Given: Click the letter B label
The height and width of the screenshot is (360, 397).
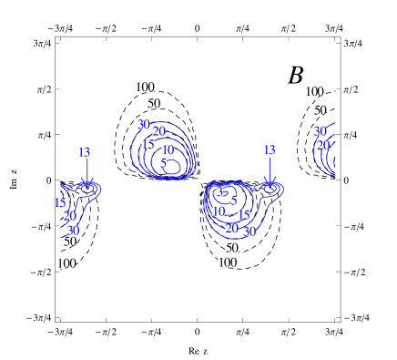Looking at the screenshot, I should tap(296, 75).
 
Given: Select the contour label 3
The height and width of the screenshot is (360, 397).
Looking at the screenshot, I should tap(219, 191).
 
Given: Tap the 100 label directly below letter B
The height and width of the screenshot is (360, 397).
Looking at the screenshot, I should tap(314, 91).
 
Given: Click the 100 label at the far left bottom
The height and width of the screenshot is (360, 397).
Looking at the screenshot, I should tap(66, 263).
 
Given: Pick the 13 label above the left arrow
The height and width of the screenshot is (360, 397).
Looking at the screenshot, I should tap(84, 152).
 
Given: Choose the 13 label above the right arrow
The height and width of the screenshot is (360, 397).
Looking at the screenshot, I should tap(269, 149).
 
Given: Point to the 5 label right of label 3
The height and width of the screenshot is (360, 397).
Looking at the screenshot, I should tap(234, 201).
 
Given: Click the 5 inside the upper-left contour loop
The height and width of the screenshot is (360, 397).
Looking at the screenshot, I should tap(163, 163).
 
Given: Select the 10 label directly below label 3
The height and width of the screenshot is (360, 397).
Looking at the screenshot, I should tap(219, 211).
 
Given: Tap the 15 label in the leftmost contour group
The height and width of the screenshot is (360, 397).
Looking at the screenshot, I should tap(59, 202).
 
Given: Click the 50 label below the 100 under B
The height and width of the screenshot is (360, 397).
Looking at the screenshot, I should tap(321, 110).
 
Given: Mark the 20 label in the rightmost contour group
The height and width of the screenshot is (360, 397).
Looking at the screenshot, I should tap(322, 145).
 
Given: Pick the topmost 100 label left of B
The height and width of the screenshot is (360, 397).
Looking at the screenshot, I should tap(145, 87).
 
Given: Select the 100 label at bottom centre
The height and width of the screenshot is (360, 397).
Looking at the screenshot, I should tap(227, 262).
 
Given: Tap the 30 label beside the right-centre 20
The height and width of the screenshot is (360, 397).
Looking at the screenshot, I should tap(249, 231).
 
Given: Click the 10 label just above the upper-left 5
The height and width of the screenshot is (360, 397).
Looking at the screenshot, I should tap(168, 149).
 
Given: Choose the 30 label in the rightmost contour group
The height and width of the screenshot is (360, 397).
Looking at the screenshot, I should tap(320, 131).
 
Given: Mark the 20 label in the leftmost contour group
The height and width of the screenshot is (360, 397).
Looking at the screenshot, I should tap(69, 216).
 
